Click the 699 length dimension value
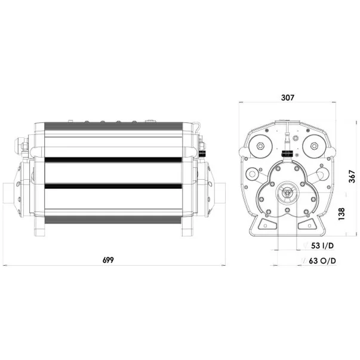(108, 260)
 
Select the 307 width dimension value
(287, 97)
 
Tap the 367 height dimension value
(352, 176)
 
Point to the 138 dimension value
(341, 214)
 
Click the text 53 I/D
(322, 245)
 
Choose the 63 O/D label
(322, 261)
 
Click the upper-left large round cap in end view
(260, 146)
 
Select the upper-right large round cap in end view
(314, 146)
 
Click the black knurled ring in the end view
(287, 153)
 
